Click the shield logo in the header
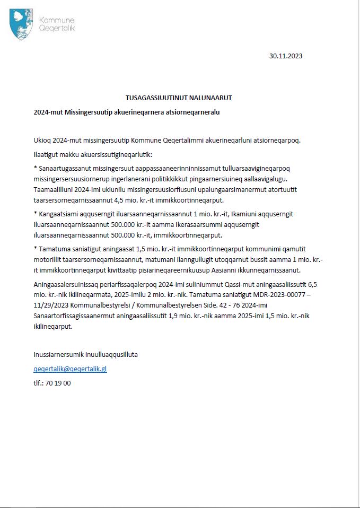coord(22,24)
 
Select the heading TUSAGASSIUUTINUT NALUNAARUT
coord(179,98)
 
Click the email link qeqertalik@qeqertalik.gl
coord(70,369)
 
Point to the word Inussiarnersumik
coord(58,354)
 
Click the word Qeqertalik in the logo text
coord(57,28)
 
